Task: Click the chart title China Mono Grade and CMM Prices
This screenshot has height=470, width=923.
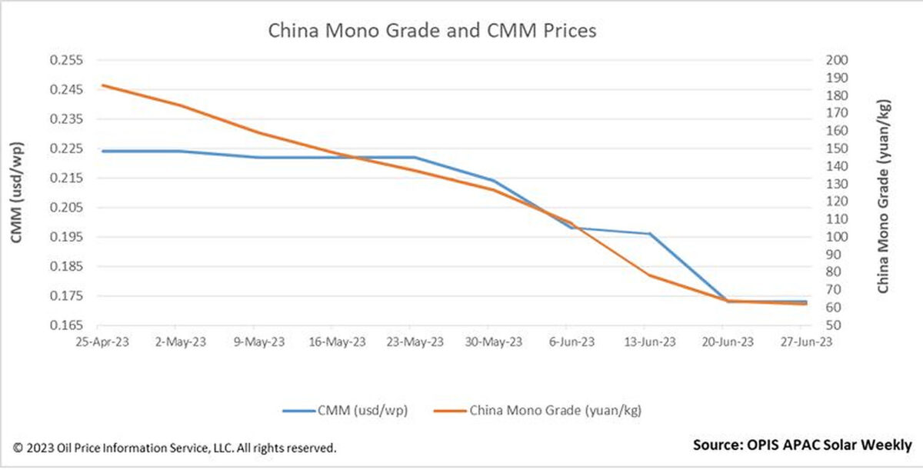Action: point(432,32)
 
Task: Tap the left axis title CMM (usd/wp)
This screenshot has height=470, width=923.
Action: point(17,192)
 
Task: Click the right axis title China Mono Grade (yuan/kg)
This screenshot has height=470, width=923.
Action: point(883,195)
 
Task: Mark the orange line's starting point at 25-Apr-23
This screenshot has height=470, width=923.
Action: point(102,85)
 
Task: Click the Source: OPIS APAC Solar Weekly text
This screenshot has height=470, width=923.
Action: point(802,445)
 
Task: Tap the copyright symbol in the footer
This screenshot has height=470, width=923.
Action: point(17,447)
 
